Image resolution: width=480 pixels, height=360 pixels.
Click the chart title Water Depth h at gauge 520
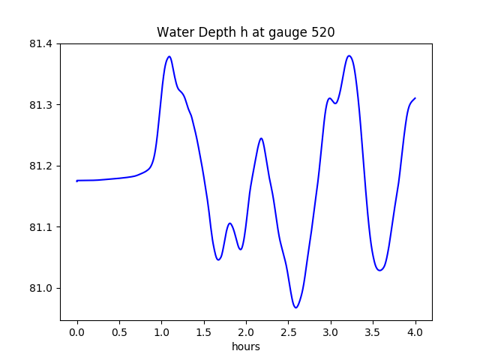tap(245, 33)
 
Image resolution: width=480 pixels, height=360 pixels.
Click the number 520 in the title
tap(322, 33)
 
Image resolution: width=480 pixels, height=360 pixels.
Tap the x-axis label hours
tap(246, 346)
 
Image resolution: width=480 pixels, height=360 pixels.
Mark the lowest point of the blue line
tap(296, 307)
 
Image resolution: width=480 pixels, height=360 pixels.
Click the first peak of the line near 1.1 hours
tap(169, 56)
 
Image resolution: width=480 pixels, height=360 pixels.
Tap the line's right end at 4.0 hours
tap(415, 98)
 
